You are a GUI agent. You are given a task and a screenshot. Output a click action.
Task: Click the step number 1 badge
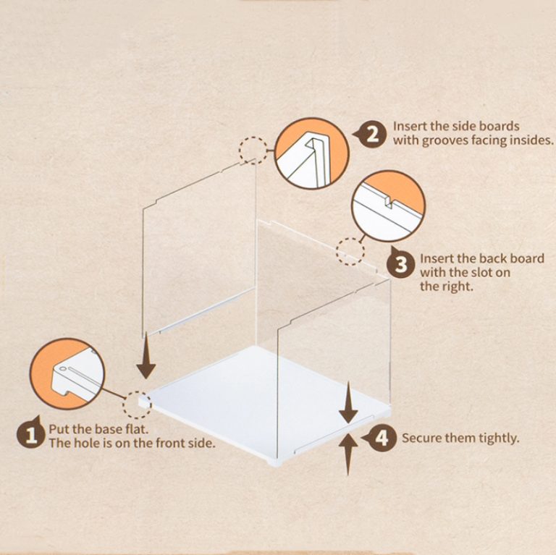click(x=31, y=433)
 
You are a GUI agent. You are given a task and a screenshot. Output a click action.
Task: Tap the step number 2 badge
click(x=370, y=135)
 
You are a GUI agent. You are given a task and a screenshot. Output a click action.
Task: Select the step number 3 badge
click(x=400, y=264)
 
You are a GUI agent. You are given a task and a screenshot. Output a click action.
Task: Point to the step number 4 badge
click(x=380, y=438)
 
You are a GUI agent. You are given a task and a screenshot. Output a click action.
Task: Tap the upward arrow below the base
click(x=348, y=454)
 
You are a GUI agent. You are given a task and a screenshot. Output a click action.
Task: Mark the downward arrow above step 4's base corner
click(x=348, y=402)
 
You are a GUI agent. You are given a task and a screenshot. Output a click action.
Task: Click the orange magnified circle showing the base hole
click(x=67, y=373)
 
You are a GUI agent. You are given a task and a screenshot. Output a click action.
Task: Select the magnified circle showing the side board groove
click(x=312, y=153)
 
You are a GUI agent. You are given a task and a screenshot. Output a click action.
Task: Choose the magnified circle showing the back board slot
click(x=388, y=206)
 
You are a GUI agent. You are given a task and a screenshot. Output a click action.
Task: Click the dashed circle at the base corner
click(x=137, y=405)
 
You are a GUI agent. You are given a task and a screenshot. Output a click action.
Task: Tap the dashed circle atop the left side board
click(x=253, y=151)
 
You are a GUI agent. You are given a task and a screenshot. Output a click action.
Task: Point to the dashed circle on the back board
click(x=350, y=252)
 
